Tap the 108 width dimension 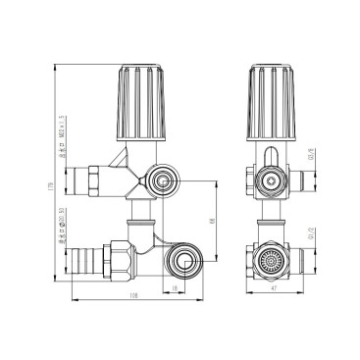tap(132, 297)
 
